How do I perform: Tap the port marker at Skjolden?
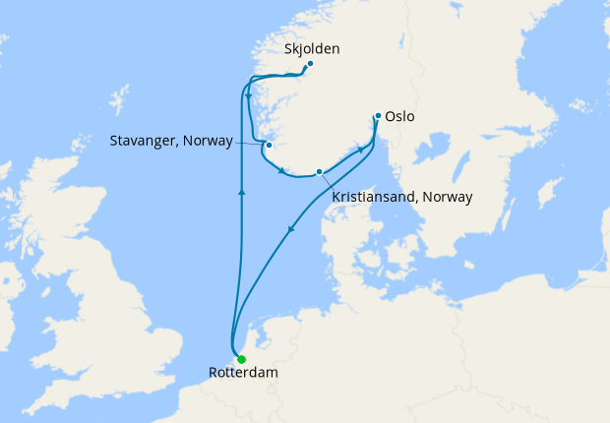pyautogui.click(x=310, y=65)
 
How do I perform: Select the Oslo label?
pyautogui.click(x=400, y=116)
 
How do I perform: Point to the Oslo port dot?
pyautogui.click(x=378, y=116)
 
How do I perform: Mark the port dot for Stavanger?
pyautogui.click(x=269, y=145)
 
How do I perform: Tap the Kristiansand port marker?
pyautogui.click(x=319, y=172)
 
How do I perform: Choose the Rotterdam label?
pyautogui.click(x=243, y=374)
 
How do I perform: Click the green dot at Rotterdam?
pyautogui.click(x=241, y=359)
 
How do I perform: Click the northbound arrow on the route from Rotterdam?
pyautogui.click(x=241, y=191)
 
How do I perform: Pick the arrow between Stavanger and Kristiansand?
pyautogui.click(x=282, y=173)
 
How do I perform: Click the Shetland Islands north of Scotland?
pyautogui.click(x=120, y=100)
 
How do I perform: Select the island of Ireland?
pyautogui.click(x=12, y=285)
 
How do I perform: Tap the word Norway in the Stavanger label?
pyautogui.click(x=209, y=142)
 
